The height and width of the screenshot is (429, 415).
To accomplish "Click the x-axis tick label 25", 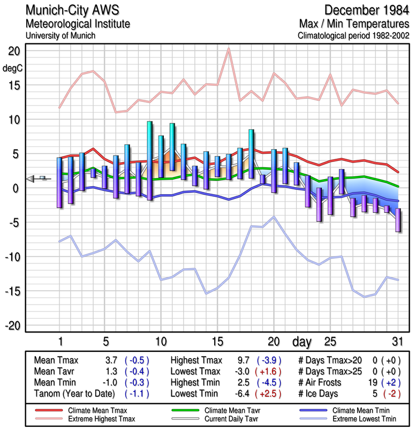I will (x=330, y=341).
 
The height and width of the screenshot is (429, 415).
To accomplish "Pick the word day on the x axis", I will (x=303, y=341).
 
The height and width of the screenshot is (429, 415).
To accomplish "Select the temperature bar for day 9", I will (x=149, y=161).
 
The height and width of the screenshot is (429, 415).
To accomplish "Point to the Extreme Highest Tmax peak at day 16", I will (x=229, y=49).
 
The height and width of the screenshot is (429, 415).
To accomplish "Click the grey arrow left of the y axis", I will (x=31, y=179).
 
